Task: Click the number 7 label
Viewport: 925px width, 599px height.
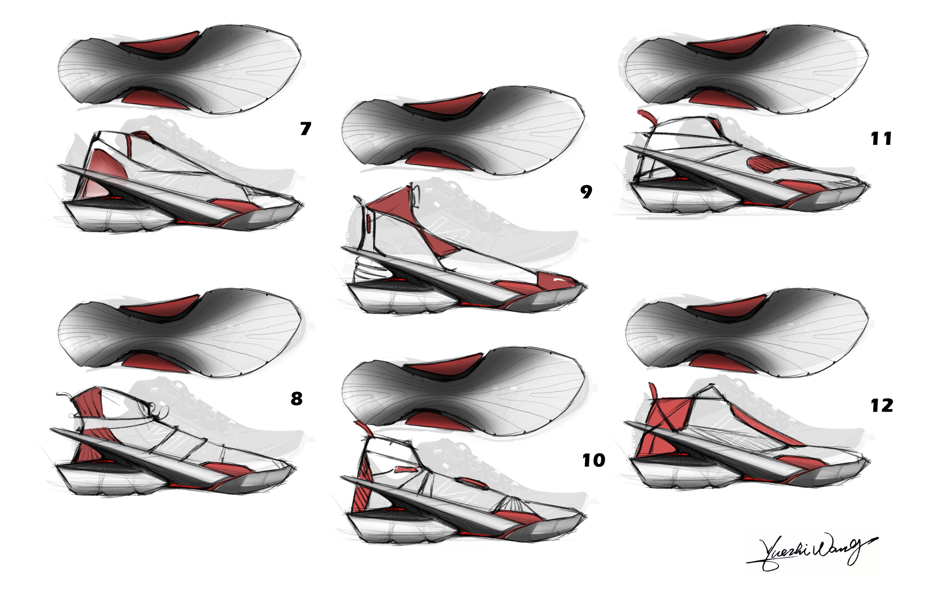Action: click(306, 129)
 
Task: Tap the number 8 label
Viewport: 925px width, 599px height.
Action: click(296, 399)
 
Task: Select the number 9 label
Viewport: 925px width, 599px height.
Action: click(586, 192)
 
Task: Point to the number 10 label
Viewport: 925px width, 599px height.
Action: click(593, 461)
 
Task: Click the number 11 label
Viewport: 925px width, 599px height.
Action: click(881, 139)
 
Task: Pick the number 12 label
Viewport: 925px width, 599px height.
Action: click(882, 406)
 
